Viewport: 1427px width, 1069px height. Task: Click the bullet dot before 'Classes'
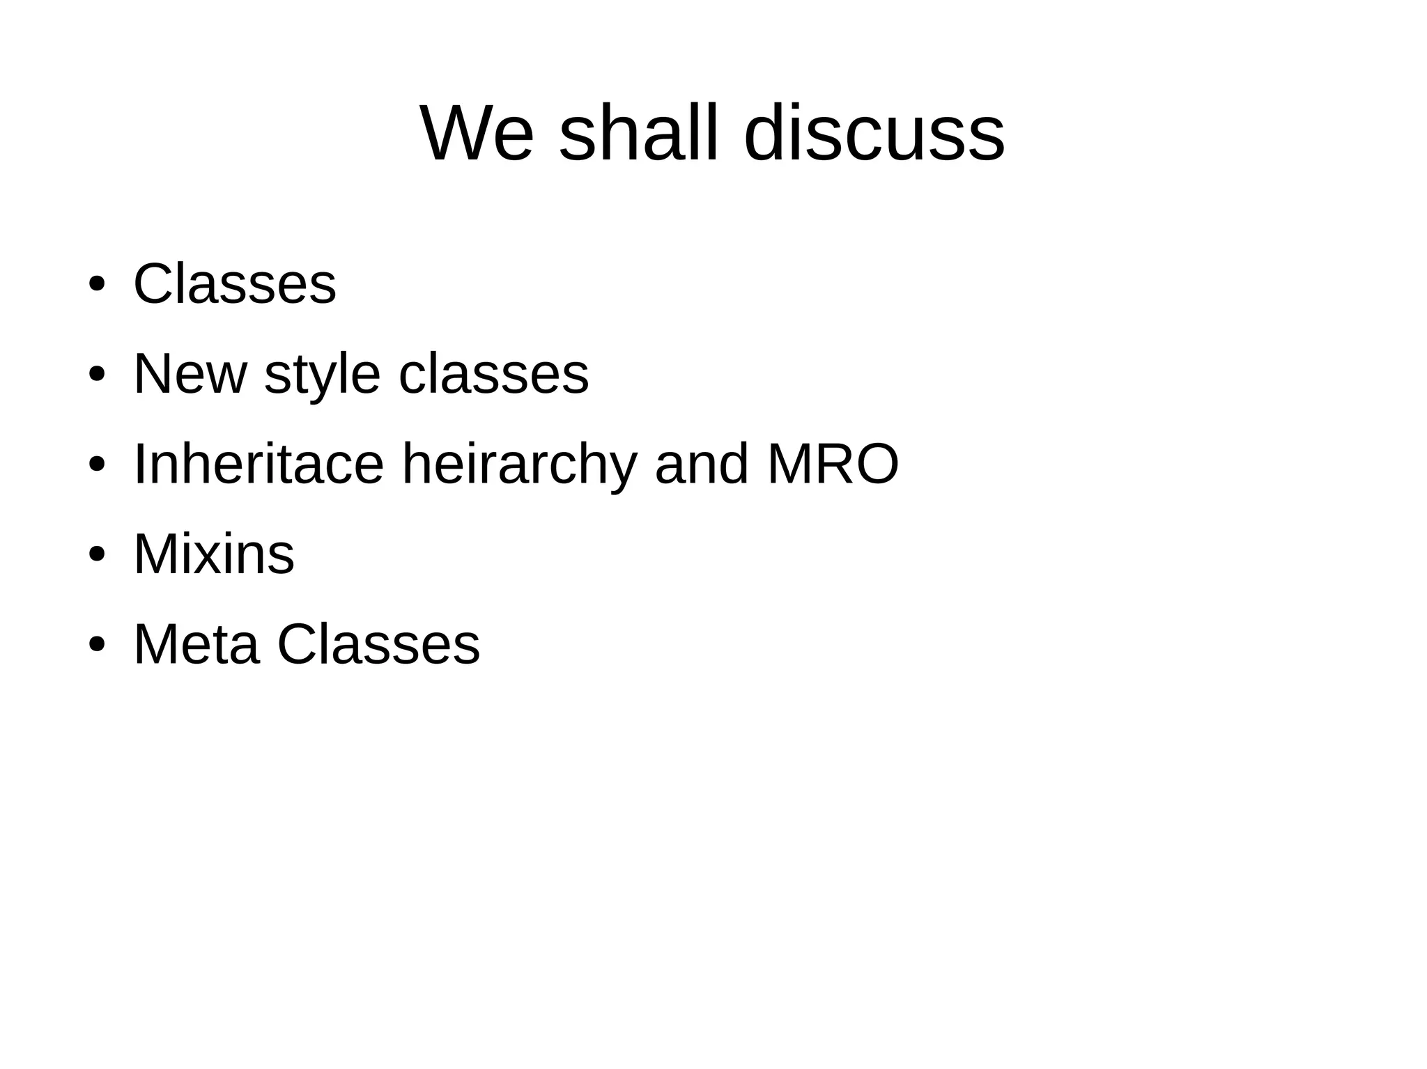pyautogui.click(x=97, y=285)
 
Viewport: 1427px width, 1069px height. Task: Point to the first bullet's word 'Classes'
pyautogui.click(x=235, y=284)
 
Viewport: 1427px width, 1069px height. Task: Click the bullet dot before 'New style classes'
pyautogui.click(x=97, y=375)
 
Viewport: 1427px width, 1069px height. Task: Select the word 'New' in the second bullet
pyautogui.click(x=190, y=374)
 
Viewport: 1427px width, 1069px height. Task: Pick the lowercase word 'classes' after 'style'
pyautogui.click(x=493, y=374)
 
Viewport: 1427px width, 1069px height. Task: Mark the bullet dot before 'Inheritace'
pyautogui.click(x=97, y=465)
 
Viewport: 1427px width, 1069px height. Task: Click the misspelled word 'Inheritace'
pyautogui.click(x=259, y=464)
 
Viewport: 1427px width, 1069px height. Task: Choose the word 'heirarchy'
pyautogui.click(x=520, y=465)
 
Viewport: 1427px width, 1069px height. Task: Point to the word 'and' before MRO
pyautogui.click(x=702, y=464)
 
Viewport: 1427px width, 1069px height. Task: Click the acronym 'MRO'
pyautogui.click(x=833, y=464)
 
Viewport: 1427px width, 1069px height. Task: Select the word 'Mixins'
pyautogui.click(x=214, y=554)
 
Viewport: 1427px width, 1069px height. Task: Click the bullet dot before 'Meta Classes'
pyautogui.click(x=97, y=645)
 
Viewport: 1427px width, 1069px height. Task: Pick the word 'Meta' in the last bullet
pyautogui.click(x=196, y=644)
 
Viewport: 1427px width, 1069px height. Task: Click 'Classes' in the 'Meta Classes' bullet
pyautogui.click(x=378, y=644)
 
